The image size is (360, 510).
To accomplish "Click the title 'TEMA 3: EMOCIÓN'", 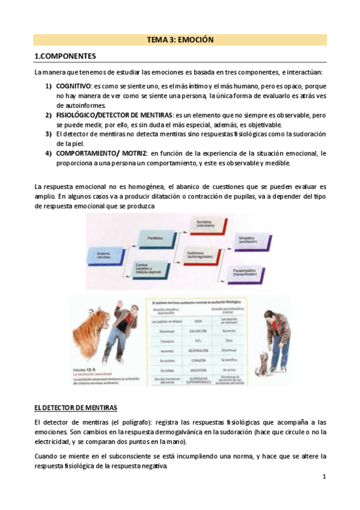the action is (180, 40).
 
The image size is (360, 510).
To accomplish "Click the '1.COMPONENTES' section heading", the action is (65, 57).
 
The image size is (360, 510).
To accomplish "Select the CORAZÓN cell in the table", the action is (189, 360).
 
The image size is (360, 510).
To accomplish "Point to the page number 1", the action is (323, 477).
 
